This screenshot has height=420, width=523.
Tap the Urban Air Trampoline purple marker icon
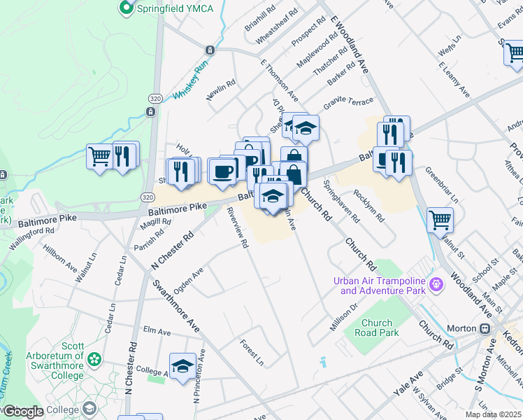tap(437, 284)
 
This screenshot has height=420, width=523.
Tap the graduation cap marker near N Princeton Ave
tap(182, 366)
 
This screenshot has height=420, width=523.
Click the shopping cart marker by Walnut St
tap(440, 220)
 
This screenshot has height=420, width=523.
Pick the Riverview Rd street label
tap(237, 227)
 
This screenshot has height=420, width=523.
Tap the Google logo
tap(24, 412)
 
